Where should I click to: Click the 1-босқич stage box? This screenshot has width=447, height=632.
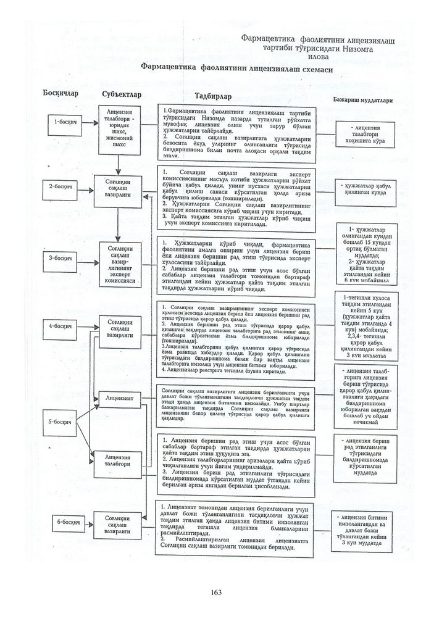coord(65,122)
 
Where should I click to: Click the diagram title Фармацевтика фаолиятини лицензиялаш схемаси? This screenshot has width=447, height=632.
coord(236,69)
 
